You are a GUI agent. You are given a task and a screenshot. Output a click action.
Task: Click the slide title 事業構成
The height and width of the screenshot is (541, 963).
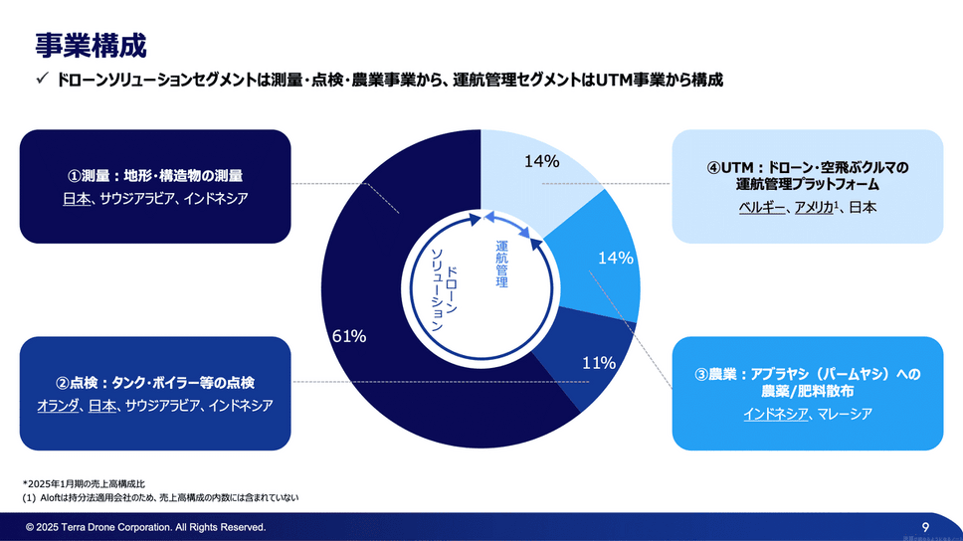coord(91,45)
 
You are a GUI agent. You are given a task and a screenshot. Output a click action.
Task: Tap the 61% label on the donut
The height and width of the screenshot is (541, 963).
coord(348,336)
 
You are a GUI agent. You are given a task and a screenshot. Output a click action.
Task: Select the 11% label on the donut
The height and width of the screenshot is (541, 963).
coord(598,363)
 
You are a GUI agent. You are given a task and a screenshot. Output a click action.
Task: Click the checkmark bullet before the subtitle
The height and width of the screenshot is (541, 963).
coord(43,80)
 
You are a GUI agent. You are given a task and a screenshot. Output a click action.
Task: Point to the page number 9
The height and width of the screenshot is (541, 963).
coord(926,526)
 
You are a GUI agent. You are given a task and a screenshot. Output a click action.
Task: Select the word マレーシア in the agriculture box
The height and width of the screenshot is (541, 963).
coord(845,414)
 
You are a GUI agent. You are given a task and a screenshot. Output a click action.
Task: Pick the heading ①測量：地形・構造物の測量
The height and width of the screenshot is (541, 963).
coord(154,175)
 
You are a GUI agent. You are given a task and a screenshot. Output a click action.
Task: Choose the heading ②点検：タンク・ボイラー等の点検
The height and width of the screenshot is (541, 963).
coord(154,382)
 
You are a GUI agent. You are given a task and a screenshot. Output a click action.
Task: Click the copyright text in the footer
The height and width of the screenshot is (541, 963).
coord(146,527)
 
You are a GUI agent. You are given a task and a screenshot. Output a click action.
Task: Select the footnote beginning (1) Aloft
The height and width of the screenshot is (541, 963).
coord(160,496)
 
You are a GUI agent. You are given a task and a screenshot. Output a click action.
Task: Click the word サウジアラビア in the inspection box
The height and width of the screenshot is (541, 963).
coord(161,406)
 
